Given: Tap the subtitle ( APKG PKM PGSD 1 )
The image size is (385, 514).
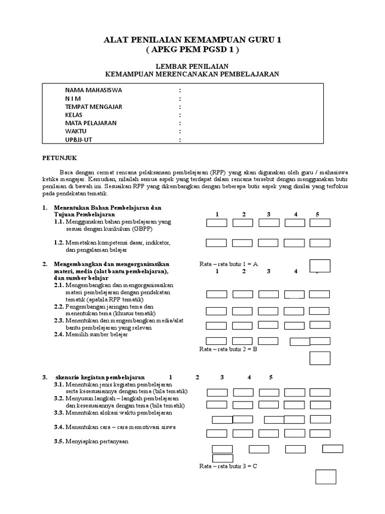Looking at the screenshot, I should pyautogui.click(x=192, y=50).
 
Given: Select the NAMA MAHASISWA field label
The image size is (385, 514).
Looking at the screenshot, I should pyautogui.click(x=93, y=90).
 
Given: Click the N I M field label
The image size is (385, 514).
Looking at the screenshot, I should pyautogui.click(x=73, y=99).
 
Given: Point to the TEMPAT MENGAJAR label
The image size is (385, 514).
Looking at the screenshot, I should pyautogui.click(x=93, y=107).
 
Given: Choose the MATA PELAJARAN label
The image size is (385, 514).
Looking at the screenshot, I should pyautogui.click(x=91, y=123).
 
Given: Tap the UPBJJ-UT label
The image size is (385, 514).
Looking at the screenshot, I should pyautogui.click(x=79, y=140).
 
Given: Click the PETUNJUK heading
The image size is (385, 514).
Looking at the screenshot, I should pyautogui.click(x=58, y=157).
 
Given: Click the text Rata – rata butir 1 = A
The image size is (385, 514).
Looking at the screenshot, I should pyautogui.click(x=228, y=264).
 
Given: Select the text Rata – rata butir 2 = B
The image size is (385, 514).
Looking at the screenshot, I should pyautogui.click(x=228, y=349).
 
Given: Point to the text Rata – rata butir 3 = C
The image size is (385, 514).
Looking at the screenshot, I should pyautogui.click(x=228, y=466).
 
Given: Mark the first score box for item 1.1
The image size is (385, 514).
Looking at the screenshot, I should pyautogui.click(x=217, y=223).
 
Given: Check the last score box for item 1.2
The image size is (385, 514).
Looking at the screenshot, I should pyautogui.click(x=320, y=243).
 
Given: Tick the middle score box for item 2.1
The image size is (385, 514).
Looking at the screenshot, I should pyautogui.click(x=268, y=294).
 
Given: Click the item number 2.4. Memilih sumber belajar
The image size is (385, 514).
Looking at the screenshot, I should pyautogui.click(x=91, y=334).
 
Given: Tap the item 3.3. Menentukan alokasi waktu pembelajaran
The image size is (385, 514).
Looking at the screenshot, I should pyautogui.click(x=113, y=413).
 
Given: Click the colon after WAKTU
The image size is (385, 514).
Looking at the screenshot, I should pyautogui.click(x=179, y=132).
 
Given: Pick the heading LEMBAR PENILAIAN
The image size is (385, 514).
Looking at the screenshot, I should pyautogui.click(x=192, y=66).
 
